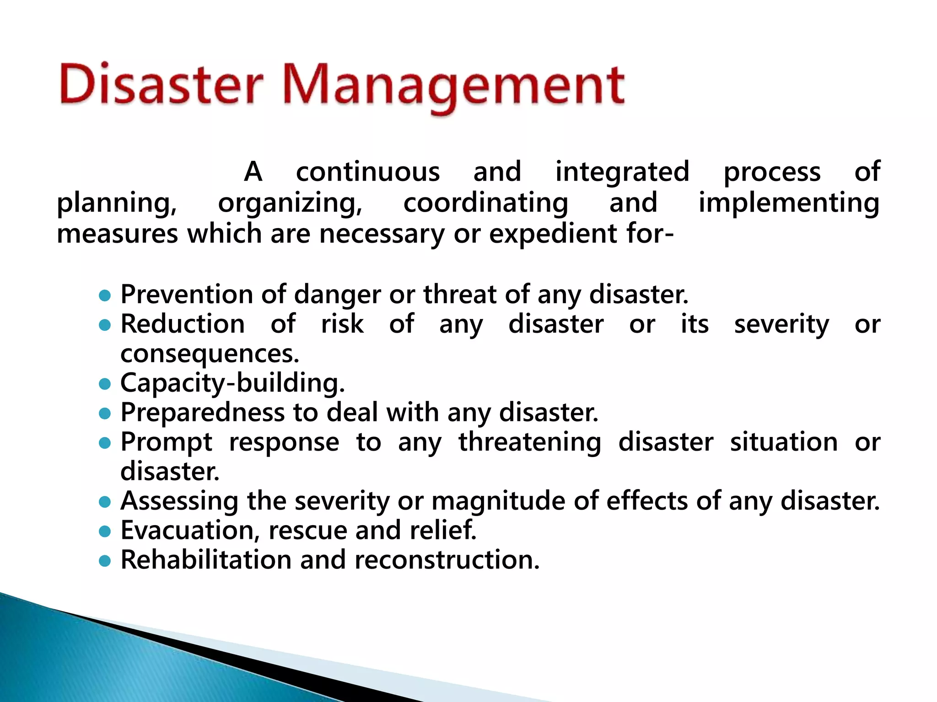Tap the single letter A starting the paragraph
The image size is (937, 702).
pos(253,172)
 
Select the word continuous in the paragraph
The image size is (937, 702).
pos(368,172)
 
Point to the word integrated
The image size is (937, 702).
pos(622,172)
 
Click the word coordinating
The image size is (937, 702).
pos(485,203)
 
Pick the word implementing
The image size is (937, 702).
pos(788,203)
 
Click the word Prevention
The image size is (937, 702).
pos(186,294)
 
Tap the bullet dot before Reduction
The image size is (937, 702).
pos(105,325)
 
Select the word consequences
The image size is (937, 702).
pos(210,354)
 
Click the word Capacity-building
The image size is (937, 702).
pos(232,383)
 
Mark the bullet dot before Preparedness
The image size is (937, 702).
pos(105,414)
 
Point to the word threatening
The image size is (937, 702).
pos(530,442)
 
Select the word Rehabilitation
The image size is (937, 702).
pos(206,560)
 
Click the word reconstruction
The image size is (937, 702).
pos(447,560)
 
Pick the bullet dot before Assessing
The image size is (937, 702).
pos(105,502)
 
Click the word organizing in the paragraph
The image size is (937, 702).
pos(290,204)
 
